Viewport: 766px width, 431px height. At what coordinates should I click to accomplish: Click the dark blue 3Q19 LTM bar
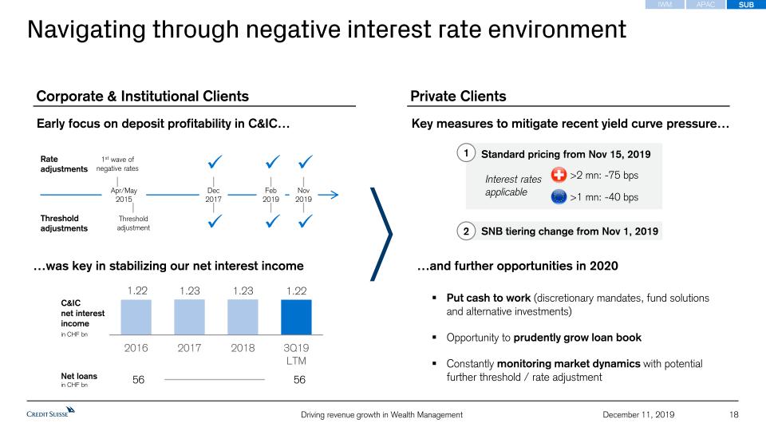click(296, 317)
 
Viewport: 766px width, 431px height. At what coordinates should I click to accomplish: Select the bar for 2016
click(136, 317)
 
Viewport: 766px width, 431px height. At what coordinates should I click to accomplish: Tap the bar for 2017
click(189, 317)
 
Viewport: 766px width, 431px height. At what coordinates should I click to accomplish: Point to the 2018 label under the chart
click(243, 348)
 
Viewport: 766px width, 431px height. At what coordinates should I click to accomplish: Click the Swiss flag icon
click(559, 176)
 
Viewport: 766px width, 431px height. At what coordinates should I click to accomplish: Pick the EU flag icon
click(559, 197)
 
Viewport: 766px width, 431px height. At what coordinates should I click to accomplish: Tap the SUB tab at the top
click(746, 5)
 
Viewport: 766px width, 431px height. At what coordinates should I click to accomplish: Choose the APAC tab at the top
click(705, 5)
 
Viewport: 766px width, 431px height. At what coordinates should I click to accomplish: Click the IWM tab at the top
click(665, 5)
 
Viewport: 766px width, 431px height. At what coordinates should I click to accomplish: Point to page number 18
click(734, 414)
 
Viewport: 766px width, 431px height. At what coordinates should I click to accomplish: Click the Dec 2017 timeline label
click(213, 195)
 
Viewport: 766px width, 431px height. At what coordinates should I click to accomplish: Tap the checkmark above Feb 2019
click(272, 163)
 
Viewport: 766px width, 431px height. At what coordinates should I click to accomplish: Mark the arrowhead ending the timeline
click(334, 194)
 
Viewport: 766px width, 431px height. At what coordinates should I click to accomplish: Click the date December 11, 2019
click(638, 414)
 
